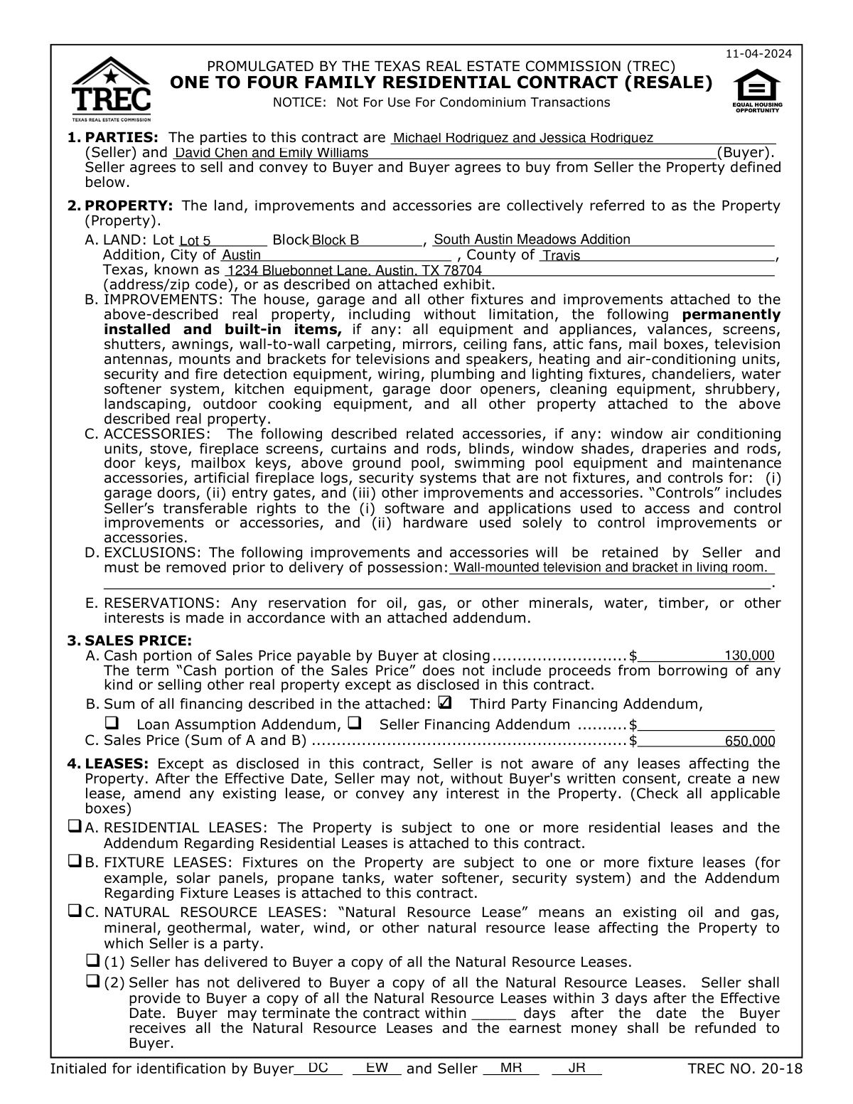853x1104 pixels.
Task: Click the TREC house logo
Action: (111, 89)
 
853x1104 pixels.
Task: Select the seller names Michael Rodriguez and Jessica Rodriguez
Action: (522, 137)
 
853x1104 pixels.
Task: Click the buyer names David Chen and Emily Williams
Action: (272, 153)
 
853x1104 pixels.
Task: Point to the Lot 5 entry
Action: (195, 241)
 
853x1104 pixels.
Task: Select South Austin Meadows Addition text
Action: (532, 240)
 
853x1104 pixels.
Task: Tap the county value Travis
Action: (561, 256)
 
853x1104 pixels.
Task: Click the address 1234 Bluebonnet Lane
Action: (353, 271)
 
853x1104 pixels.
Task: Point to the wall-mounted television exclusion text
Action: (610, 567)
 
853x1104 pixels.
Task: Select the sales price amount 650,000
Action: (749, 741)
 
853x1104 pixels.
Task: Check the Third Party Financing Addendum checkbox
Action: (446, 703)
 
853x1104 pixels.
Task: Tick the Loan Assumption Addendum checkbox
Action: (112, 724)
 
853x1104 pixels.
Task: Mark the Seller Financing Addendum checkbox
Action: (355, 724)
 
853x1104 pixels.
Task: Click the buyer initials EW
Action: (377, 1068)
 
